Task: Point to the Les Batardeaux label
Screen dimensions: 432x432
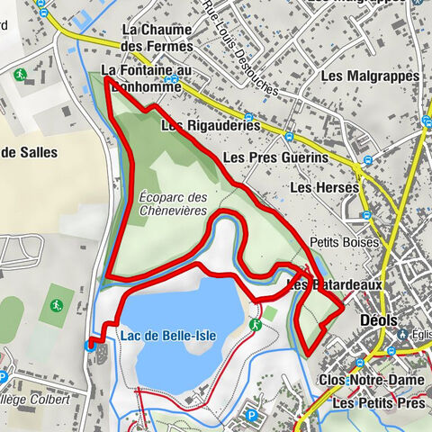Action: tap(335, 284)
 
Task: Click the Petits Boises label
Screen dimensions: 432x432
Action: tap(335, 242)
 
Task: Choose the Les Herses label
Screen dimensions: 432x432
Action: tap(325, 187)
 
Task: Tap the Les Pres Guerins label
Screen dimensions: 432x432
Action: tap(275, 157)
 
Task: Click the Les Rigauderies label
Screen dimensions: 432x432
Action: tap(211, 126)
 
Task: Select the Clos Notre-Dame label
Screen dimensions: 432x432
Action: tap(365, 379)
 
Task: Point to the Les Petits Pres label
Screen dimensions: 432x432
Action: tap(378, 404)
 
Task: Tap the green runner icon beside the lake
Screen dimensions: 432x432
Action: tap(256, 324)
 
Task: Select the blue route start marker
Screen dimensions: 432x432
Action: tap(90, 345)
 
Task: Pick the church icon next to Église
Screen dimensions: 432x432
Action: tap(407, 330)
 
